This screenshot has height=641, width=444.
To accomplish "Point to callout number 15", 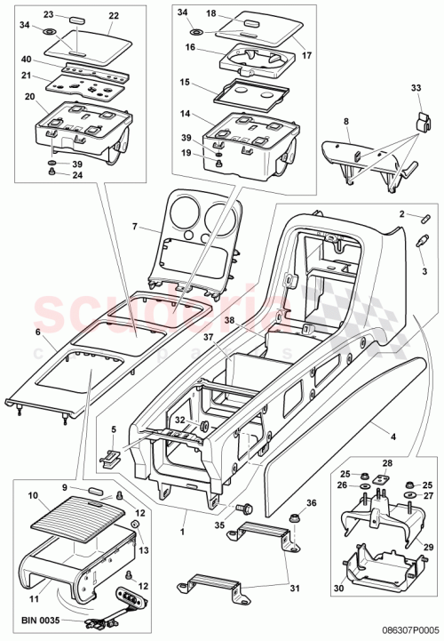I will pyautogui.click(x=185, y=82).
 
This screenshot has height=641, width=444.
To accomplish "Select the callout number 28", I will pyautogui.click(x=386, y=463).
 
